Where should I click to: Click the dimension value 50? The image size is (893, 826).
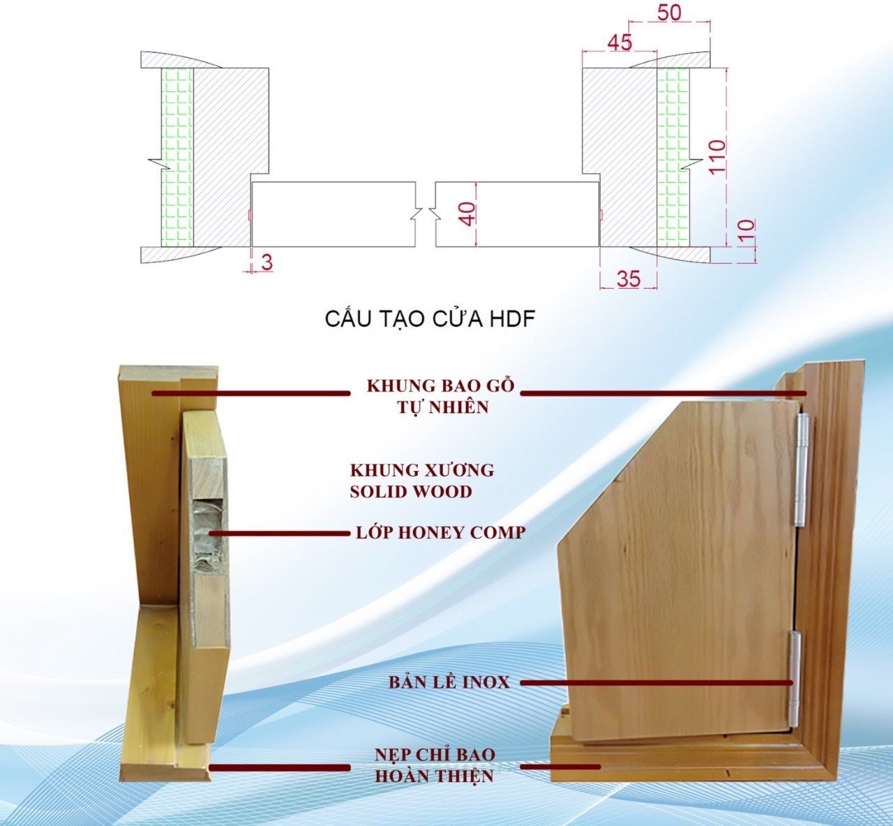point(669,13)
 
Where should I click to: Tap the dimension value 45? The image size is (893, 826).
point(620,43)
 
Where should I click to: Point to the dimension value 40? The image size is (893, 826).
point(467,213)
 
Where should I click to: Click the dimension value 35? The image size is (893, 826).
point(629,278)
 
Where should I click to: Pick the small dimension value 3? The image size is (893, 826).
point(267,263)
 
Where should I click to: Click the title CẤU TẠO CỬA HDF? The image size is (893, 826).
point(430,319)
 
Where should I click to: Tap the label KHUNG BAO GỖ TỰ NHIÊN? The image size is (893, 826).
point(441,396)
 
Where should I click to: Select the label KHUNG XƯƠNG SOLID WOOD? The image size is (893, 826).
point(421,481)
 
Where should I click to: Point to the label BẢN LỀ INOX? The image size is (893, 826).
point(449,682)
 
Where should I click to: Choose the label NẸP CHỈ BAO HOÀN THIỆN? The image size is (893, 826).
point(435,765)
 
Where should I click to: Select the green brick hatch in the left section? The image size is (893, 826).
point(177,157)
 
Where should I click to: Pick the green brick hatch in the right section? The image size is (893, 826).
point(673,157)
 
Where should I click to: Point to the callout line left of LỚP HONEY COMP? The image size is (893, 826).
point(279,534)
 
